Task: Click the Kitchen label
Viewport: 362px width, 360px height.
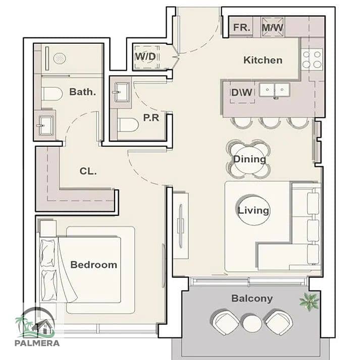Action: tap(263, 60)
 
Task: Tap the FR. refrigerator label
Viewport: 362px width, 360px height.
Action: tap(241, 28)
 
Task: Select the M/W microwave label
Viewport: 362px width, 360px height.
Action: tap(273, 28)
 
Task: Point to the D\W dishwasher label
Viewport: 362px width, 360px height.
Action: tap(242, 92)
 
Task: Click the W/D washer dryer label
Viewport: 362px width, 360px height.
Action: tap(145, 56)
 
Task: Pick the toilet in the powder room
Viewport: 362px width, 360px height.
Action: tap(128, 125)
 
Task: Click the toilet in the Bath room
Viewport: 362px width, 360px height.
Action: tap(52, 94)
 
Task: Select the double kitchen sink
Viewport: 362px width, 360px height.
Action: tap(274, 90)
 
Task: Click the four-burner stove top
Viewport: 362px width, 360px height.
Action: tap(312, 59)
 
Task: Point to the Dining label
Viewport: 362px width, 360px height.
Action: tap(249, 159)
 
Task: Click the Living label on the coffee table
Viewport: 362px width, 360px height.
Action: tap(253, 211)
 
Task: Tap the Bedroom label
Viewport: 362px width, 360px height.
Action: tap(94, 265)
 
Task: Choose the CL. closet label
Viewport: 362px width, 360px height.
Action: tap(88, 171)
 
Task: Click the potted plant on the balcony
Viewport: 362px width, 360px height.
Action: tap(309, 302)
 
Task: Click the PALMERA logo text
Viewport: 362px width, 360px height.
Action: tap(37, 343)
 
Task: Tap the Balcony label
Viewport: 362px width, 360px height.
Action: tap(252, 298)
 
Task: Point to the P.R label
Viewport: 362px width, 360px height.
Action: tap(151, 117)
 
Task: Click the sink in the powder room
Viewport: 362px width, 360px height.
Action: tap(121, 92)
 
